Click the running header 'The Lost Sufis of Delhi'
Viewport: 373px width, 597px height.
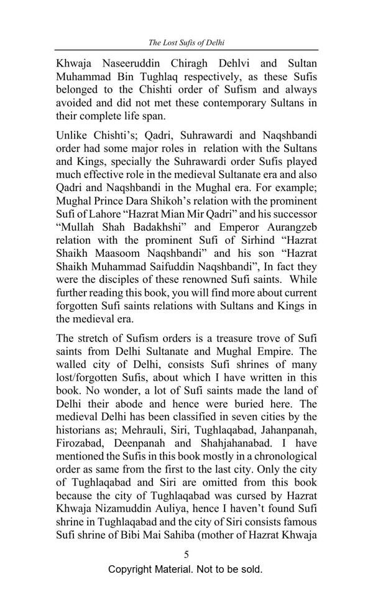tap(186, 43)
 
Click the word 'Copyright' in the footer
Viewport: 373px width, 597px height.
tap(132, 570)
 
